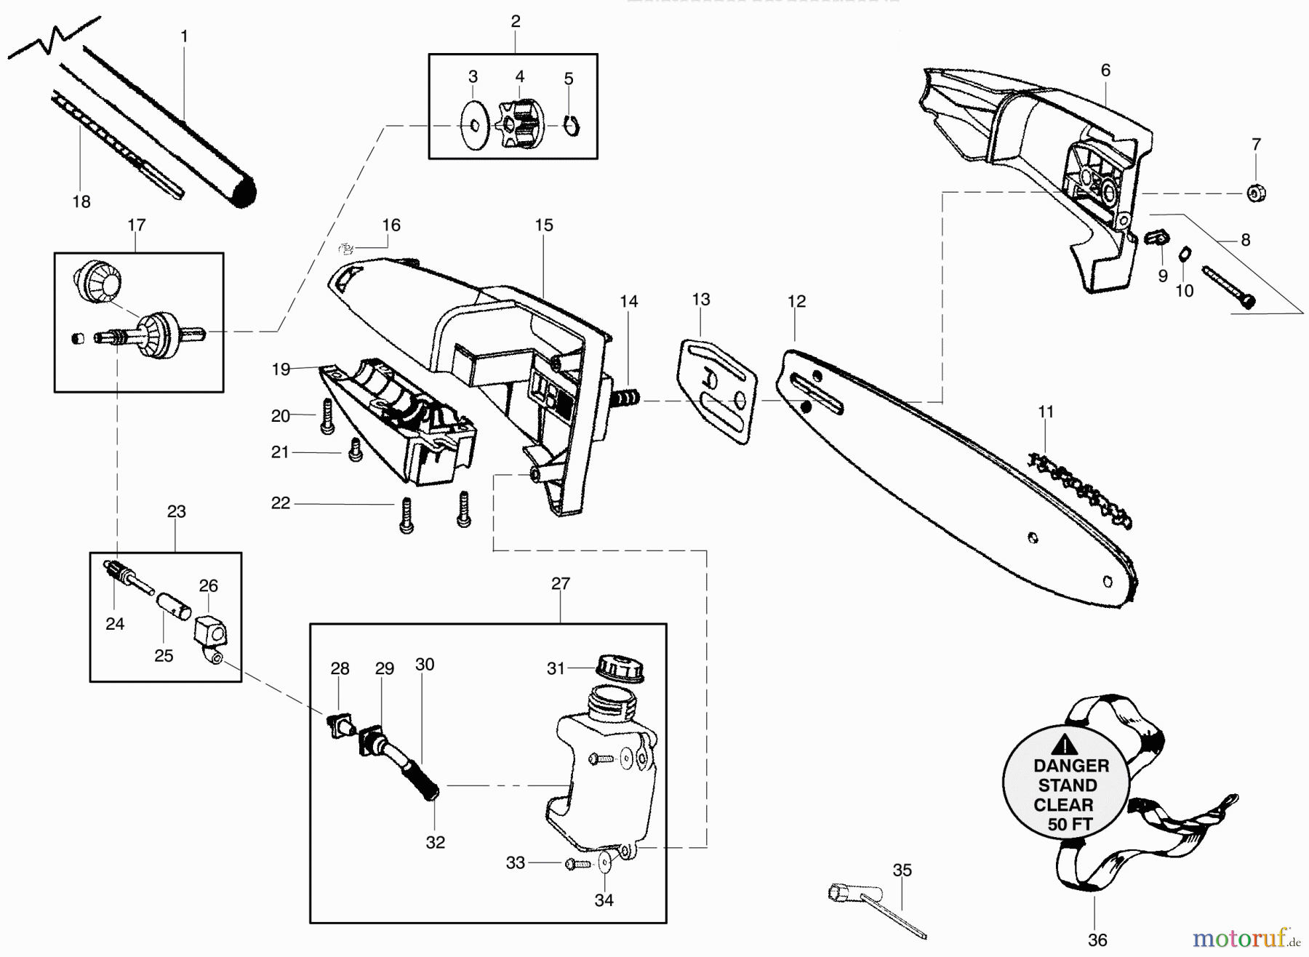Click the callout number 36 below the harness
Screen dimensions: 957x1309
pyautogui.click(x=1097, y=941)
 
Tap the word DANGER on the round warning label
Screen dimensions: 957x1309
pyautogui.click(x=1071, y=766)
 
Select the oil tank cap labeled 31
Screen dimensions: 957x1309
pyautogui.click(x=620, y=667)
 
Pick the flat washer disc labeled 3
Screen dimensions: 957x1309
pyautogui.click(x=475, y=126)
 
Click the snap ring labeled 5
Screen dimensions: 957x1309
pyautogui.click(x=572, y=127)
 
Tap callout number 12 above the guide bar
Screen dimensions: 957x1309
pyautogui.click(x=796, y=301)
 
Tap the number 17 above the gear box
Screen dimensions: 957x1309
pyautogui.click(x=137, y=225)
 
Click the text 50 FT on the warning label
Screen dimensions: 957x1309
pyautogui.click(x=1070, y=825)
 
